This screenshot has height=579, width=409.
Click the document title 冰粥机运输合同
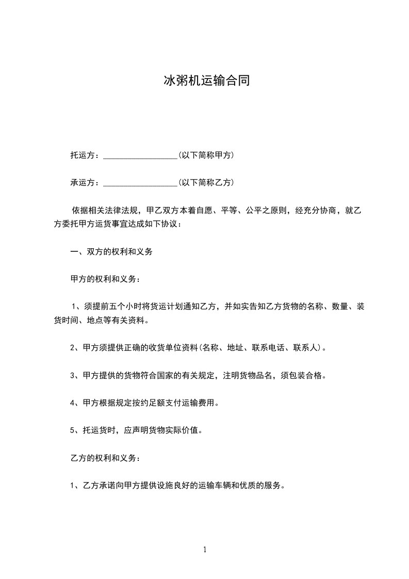(206, 81)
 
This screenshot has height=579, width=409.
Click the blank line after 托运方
(140, 155)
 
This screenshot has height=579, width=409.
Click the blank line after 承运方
(140, 183)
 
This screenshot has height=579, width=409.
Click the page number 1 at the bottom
(205, 550)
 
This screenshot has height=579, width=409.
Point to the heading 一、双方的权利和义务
(111, 252)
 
